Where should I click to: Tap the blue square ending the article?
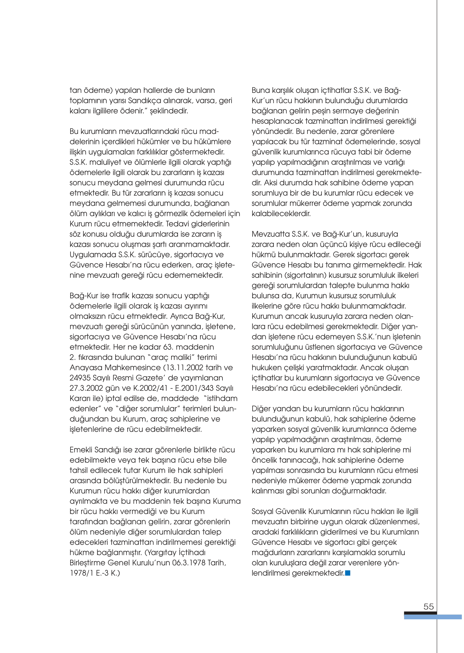[x=348, y=573]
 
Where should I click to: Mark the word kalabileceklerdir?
[x=281, y=213]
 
